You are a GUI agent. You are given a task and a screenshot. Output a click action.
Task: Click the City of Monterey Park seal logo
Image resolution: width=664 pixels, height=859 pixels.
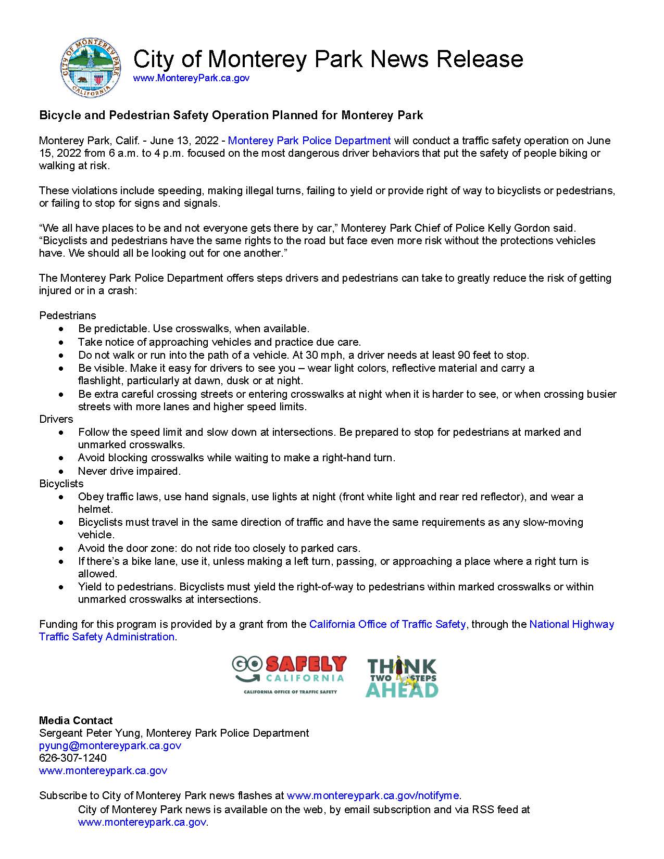click(92, 67)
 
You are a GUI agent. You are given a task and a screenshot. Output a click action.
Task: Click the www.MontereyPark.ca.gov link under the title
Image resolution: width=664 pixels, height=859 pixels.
click(191, 78)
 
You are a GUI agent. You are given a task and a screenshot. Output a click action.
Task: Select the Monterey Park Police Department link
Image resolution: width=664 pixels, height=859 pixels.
click(309, 141)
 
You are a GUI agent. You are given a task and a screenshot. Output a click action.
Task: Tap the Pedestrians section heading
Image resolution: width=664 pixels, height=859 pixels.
click(68, 315)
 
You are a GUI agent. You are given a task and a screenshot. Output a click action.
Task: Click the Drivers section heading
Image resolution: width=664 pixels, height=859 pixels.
click(56, 419)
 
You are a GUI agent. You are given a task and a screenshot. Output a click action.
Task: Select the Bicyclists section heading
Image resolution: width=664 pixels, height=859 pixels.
click(61, 484)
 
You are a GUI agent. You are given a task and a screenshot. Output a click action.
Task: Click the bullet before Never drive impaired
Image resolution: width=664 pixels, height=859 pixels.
click(62, 471)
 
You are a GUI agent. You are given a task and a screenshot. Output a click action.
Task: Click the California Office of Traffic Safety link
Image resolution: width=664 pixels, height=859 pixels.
click(387, 624)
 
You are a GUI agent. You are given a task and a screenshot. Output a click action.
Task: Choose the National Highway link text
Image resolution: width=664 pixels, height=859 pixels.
click(571, 624)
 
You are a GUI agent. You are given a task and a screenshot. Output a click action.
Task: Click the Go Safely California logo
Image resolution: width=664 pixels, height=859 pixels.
click(289, 675)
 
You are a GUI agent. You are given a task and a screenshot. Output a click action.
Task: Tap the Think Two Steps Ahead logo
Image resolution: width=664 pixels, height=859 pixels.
click(402, 676)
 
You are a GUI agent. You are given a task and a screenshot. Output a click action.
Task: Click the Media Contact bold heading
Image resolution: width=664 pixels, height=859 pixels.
click(76, 721)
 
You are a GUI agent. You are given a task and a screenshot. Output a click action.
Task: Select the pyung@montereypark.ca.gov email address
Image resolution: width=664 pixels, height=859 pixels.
click(110, 746)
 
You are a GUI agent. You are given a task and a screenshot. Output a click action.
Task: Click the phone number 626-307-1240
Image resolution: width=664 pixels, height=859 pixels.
click(73, 758)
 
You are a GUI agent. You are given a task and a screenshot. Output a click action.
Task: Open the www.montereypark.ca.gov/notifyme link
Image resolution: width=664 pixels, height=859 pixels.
click(373, 795)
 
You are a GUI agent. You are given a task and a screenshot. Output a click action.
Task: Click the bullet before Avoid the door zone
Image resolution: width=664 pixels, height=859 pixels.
click(62, 548)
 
